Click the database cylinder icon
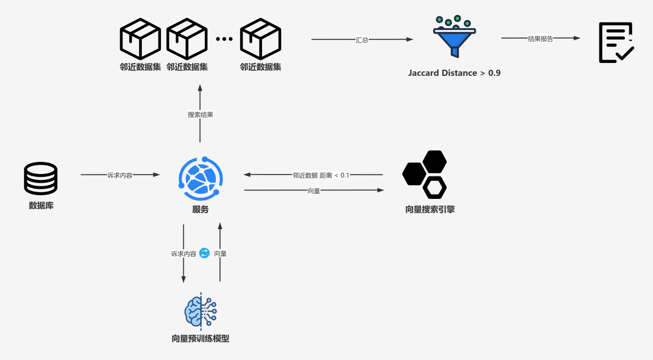coord(40,178)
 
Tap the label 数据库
coord(41,205)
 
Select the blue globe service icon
coord(200,178)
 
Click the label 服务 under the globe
coord(200,209)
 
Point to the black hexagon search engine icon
coord(425,174)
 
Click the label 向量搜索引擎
coord(430,209)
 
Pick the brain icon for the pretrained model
coord(201,311)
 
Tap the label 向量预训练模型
coord(200,338)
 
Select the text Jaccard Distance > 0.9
coord(454,73)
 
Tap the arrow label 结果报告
coord(540,39)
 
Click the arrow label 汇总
coord(362,40)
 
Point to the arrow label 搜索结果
coord(200,115)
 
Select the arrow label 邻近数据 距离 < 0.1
coord(321,175)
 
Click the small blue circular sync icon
coord(204,253)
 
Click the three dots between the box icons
coord(224,39)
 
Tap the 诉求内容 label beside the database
coord(120,175)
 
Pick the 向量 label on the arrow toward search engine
coord(314,191)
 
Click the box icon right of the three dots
coord(261,39)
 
